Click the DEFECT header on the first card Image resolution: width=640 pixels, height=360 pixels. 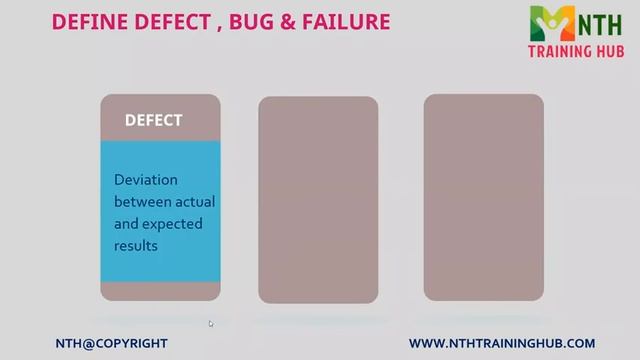153,120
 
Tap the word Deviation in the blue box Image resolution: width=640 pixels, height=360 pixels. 145,180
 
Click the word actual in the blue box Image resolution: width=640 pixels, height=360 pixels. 195,202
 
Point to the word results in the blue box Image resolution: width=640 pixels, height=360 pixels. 136,245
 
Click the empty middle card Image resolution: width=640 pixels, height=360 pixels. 318,199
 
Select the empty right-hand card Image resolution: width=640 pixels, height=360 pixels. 483,196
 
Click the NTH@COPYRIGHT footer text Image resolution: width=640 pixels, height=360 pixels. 111,343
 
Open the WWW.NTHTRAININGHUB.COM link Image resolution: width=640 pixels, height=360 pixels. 502,343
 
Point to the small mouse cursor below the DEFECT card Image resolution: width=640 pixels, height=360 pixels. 210,323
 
